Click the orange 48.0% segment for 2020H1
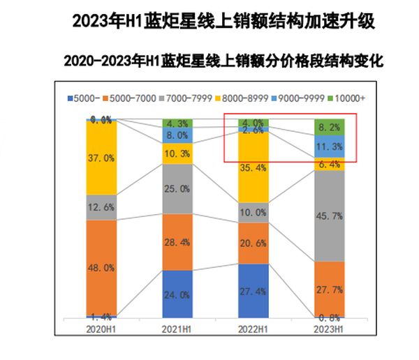pos(101,267)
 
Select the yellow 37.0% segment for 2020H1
pos(101,158)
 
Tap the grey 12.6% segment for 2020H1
pos(101,207)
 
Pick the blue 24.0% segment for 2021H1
pos(177,294)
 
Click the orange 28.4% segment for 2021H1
pos(177,241)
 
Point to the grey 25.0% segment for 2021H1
pos(177,188)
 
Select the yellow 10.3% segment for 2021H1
pos(177,153)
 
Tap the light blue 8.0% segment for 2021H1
pos(177,135)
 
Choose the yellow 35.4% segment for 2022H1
pos(253,167)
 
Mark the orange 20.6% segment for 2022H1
pos(253,243)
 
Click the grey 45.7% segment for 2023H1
pos(329,216)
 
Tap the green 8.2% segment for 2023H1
pos(329,128)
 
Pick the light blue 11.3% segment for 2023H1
pos(329,147)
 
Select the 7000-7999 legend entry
pos(196,98)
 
